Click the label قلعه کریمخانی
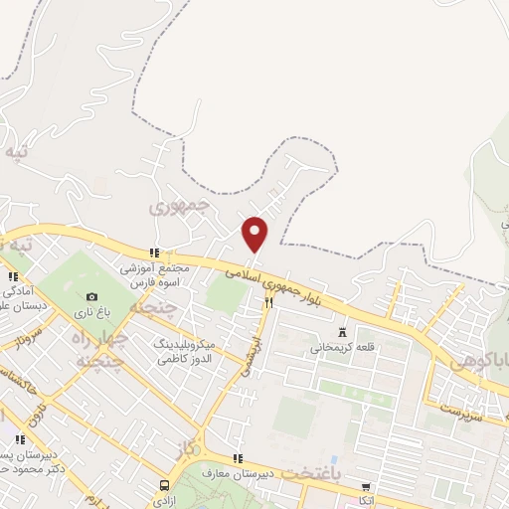(343, 348)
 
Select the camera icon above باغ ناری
(92, 296)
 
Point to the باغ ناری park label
(92, 312)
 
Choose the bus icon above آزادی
(164, 485)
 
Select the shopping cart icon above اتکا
(368, 488)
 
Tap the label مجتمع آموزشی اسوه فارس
(153, 275)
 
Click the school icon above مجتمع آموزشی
(153, 254)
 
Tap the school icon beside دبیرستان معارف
(237, 458)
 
